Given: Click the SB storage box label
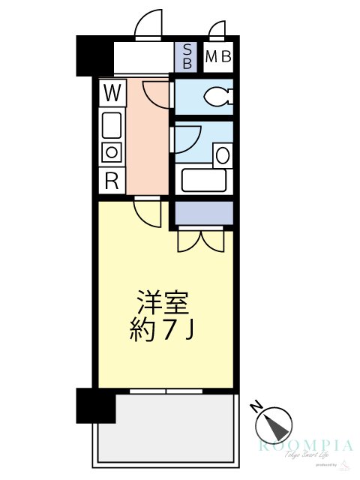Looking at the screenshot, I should [x=187, y=57].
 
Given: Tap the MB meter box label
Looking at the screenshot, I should [x=217, y=56].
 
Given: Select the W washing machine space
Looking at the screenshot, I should [x=112, y=94].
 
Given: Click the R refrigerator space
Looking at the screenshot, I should [x=112, y=180].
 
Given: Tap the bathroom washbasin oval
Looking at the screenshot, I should [x=222, y=156].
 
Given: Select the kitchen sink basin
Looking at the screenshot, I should [x=112, y=124].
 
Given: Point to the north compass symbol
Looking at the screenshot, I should [x=273, y=424].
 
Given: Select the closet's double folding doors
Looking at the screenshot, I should [x=200, y=240].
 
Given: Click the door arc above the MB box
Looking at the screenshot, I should [x=218, y=30].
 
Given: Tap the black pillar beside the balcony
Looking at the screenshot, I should [x=95, y=406].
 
